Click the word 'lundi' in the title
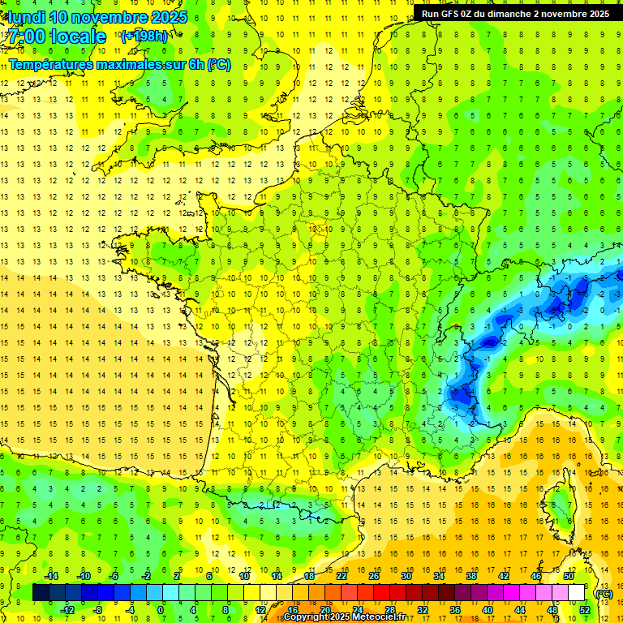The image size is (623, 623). pyautogui.click(x=27, y=17)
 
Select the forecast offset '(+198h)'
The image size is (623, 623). pyautogui.click(x=144, y=36)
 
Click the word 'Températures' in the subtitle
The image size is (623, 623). pyautogui.click(x=51, y=64)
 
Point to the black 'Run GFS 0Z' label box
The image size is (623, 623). pyautogui.click(x=517, y=13)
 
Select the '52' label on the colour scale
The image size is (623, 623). pyautogui.click(x=585, y=610)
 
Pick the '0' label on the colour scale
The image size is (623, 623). pyautogui.click(x=161, y=610)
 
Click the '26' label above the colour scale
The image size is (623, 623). pyautogui.click(x=374, y=576)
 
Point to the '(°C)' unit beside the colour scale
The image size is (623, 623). pyautogui.click(x=604, y=594)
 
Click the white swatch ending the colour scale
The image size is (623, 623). pyautogui.click(x=577, y=593)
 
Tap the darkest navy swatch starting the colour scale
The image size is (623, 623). pyautogui.click(x=41, y=593)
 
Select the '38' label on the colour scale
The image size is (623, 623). pyautogui.click(x=470, y=576)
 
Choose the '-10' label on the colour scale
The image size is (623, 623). pyautogui.click(x=83, y=576)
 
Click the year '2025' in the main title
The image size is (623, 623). pyautogui.click(x=169, y=17)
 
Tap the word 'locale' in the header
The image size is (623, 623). pyautogui.click(x=78, y=37)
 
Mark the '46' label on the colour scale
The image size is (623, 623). pyautogui.click(x=535, y=576)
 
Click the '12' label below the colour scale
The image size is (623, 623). pyautogui.click(x=260, y=610)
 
